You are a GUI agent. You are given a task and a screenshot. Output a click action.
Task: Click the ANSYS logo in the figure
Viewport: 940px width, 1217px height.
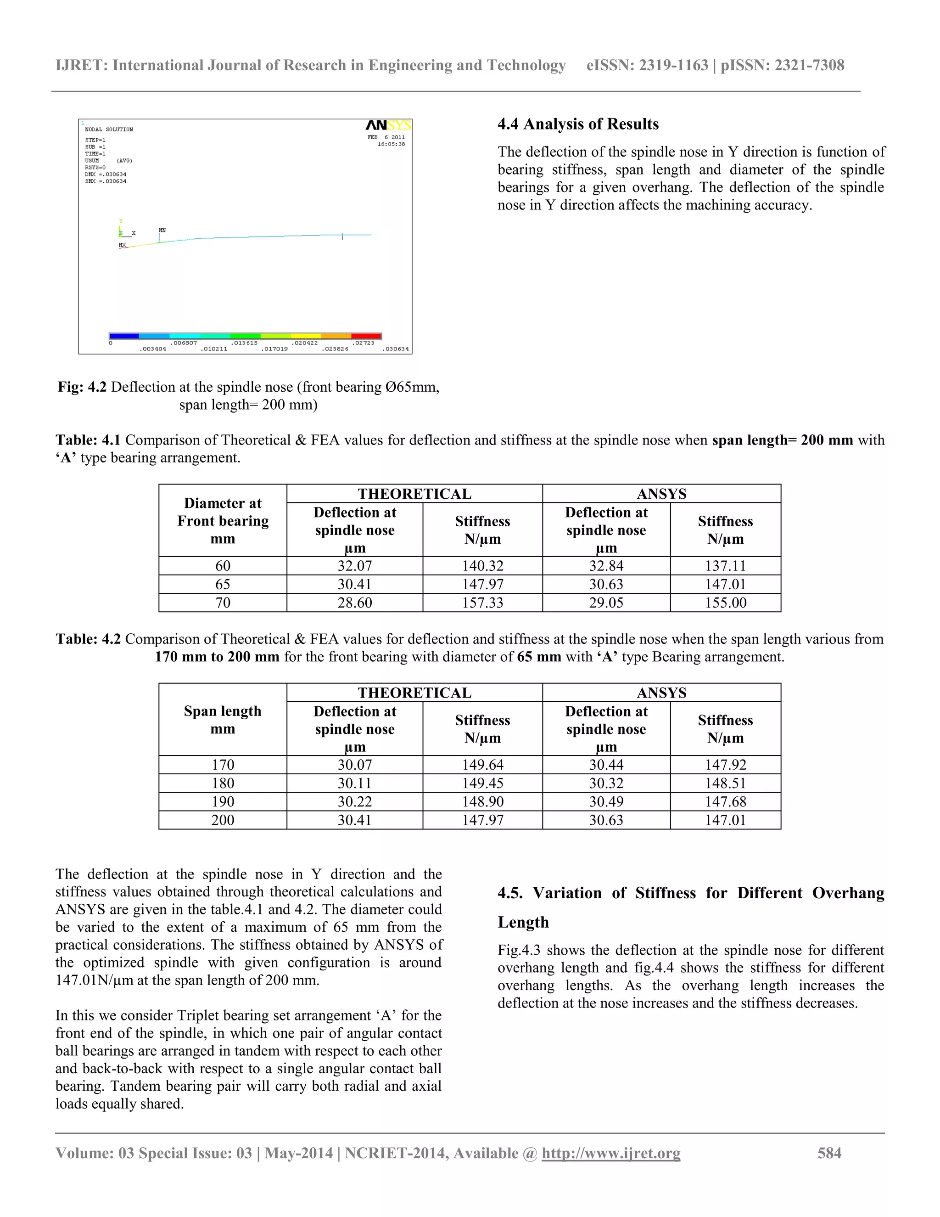[388, 125]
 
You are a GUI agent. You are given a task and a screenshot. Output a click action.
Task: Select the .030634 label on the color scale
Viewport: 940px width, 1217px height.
[396, 349]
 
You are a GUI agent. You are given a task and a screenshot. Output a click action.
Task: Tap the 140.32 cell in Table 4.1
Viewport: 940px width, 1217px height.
[482, 566]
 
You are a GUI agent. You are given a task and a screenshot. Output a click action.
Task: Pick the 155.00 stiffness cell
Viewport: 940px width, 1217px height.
[725, 603]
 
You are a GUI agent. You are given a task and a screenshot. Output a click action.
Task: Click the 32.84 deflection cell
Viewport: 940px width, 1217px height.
[606, 566]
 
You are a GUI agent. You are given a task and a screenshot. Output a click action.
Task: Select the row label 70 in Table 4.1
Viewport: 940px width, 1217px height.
[223, 603]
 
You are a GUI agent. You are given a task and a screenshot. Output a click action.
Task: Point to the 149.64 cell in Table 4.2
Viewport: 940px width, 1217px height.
[482, 765]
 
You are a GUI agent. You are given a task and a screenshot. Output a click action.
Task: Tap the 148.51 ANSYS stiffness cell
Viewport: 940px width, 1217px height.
[725, 783]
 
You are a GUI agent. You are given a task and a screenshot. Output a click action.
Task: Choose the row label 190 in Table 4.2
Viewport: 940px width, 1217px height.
[223, 801]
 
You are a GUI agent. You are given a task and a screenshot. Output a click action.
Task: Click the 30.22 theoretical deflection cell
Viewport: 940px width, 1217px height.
[354, 801]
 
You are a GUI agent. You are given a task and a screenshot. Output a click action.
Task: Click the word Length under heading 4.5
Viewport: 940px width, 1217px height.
[523, 922]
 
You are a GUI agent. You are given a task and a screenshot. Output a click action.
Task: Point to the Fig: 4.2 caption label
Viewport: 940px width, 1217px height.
[82, 387]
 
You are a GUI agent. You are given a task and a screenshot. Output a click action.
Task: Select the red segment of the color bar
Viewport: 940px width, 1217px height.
[366, 336]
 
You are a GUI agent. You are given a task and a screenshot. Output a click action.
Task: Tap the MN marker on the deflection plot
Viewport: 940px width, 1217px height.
[162, 230]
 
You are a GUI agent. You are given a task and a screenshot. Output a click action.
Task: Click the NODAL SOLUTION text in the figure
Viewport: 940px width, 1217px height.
[109, 130]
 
